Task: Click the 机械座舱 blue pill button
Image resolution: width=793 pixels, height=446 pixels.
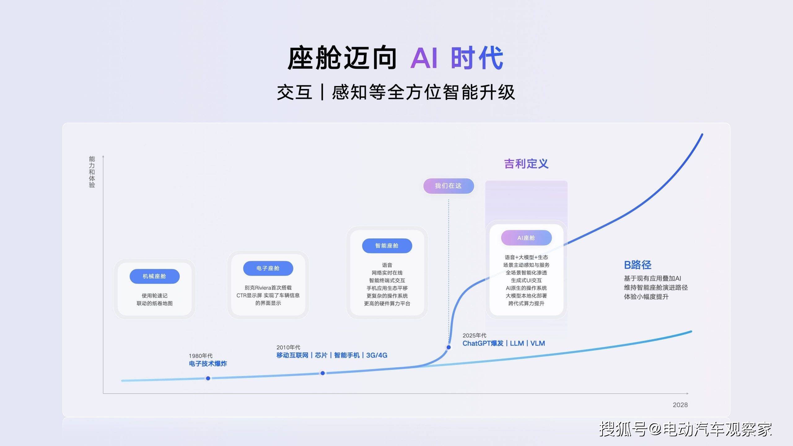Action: pyautogui.click(x=155, y=276)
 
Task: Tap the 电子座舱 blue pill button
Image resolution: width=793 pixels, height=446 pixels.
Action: pyautogui.click(x=268, y=268)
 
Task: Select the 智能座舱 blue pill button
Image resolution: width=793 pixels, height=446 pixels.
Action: pyautogui.click(x=387, y=246)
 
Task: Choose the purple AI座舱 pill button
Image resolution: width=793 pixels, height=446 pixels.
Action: pyautogui.click(x=526, y=238)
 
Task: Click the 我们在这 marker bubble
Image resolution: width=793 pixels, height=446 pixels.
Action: pyautogui.click(x=449, y=186)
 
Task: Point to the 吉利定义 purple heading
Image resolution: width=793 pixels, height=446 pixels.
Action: pyautogui.click(x=526, y=164)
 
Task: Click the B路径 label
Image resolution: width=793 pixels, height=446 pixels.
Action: pyautogui.click(x=637, y=265)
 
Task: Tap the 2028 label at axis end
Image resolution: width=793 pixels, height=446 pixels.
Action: pyautogui.click(x=680, y=405)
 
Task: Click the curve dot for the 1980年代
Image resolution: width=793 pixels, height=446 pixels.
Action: pyautogui.click(x=208, y=378)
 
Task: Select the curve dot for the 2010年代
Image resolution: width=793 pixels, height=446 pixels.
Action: pyautogui.click(x=322, y=373)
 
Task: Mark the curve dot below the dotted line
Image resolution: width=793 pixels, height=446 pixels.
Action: pyautogui.click(x=449, y=347)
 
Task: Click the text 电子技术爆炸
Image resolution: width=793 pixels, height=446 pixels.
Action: pyautogui.click(x=208, y=364)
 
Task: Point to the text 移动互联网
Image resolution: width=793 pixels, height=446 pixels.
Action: pyautogui.click(x=292, y=355)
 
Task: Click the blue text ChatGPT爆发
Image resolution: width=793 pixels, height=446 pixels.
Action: pyautogui.click(x=483, y=343)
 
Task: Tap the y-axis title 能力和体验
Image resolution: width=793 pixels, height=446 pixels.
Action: pyautogui.click(x=92, y=172)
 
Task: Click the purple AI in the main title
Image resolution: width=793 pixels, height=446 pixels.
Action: pyautogui.click(x=424, y=58)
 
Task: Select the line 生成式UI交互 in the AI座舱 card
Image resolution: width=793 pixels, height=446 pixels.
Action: pyautogui.click(x=526, y=280)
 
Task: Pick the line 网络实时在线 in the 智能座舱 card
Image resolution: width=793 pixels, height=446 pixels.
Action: pyautogui.click(x=387, y=273)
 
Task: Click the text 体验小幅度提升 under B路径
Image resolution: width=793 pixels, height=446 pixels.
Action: pyautogui.click(x=646, y=297)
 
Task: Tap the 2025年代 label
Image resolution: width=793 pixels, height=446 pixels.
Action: pyautogui.click(x=474, y=335)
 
